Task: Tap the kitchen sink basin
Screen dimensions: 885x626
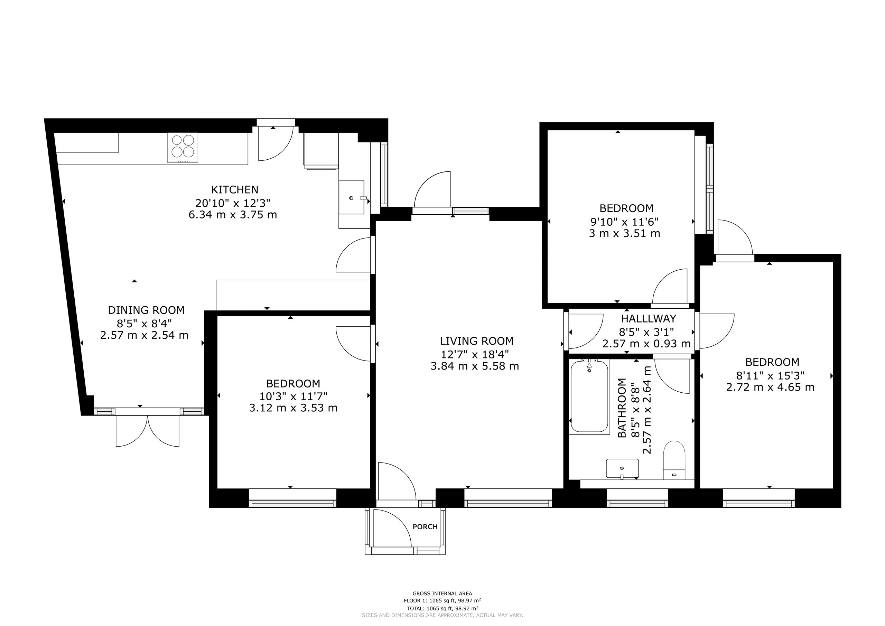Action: [352, 197]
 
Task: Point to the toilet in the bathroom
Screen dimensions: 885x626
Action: [674, 460]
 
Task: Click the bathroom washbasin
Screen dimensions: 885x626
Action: [623, 468]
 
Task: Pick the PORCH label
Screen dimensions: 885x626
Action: [425, 526]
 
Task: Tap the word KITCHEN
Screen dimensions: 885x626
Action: [235, 190]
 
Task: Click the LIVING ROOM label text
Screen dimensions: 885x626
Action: [477, 341]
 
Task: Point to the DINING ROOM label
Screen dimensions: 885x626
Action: [146, 310]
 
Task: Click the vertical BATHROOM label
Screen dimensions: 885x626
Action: [622, 408]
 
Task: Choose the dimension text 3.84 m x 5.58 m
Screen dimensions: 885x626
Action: [475, 366]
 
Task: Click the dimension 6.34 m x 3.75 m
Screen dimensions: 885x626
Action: [233, 215]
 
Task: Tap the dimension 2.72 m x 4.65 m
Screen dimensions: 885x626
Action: [771, 387]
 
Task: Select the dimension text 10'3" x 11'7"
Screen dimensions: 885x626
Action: [294, 396]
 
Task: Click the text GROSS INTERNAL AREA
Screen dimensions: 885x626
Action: [442, 594]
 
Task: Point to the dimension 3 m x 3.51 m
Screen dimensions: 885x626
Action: [624, 233]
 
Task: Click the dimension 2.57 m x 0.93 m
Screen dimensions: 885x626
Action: [646, 344]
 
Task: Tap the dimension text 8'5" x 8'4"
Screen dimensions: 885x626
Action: [145, 323]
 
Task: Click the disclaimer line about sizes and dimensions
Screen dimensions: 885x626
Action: [442, 615]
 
